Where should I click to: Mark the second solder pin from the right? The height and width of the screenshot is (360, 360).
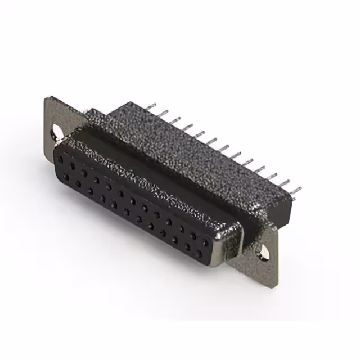pos(286,183)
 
